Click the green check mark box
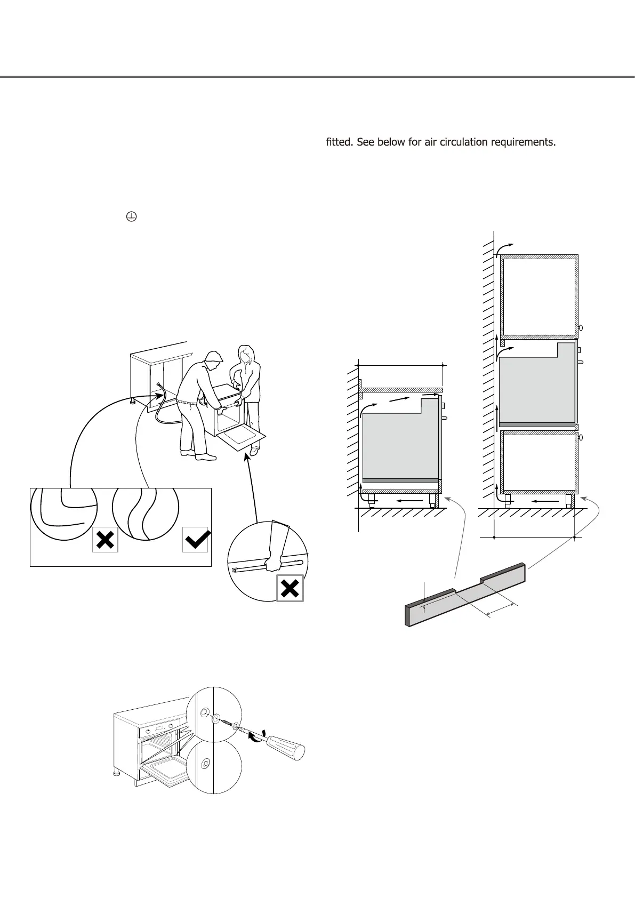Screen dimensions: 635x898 coord(195,540)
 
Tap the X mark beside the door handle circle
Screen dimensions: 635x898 coord(290,588)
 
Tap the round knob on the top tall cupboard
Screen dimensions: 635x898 coord(581,328)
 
